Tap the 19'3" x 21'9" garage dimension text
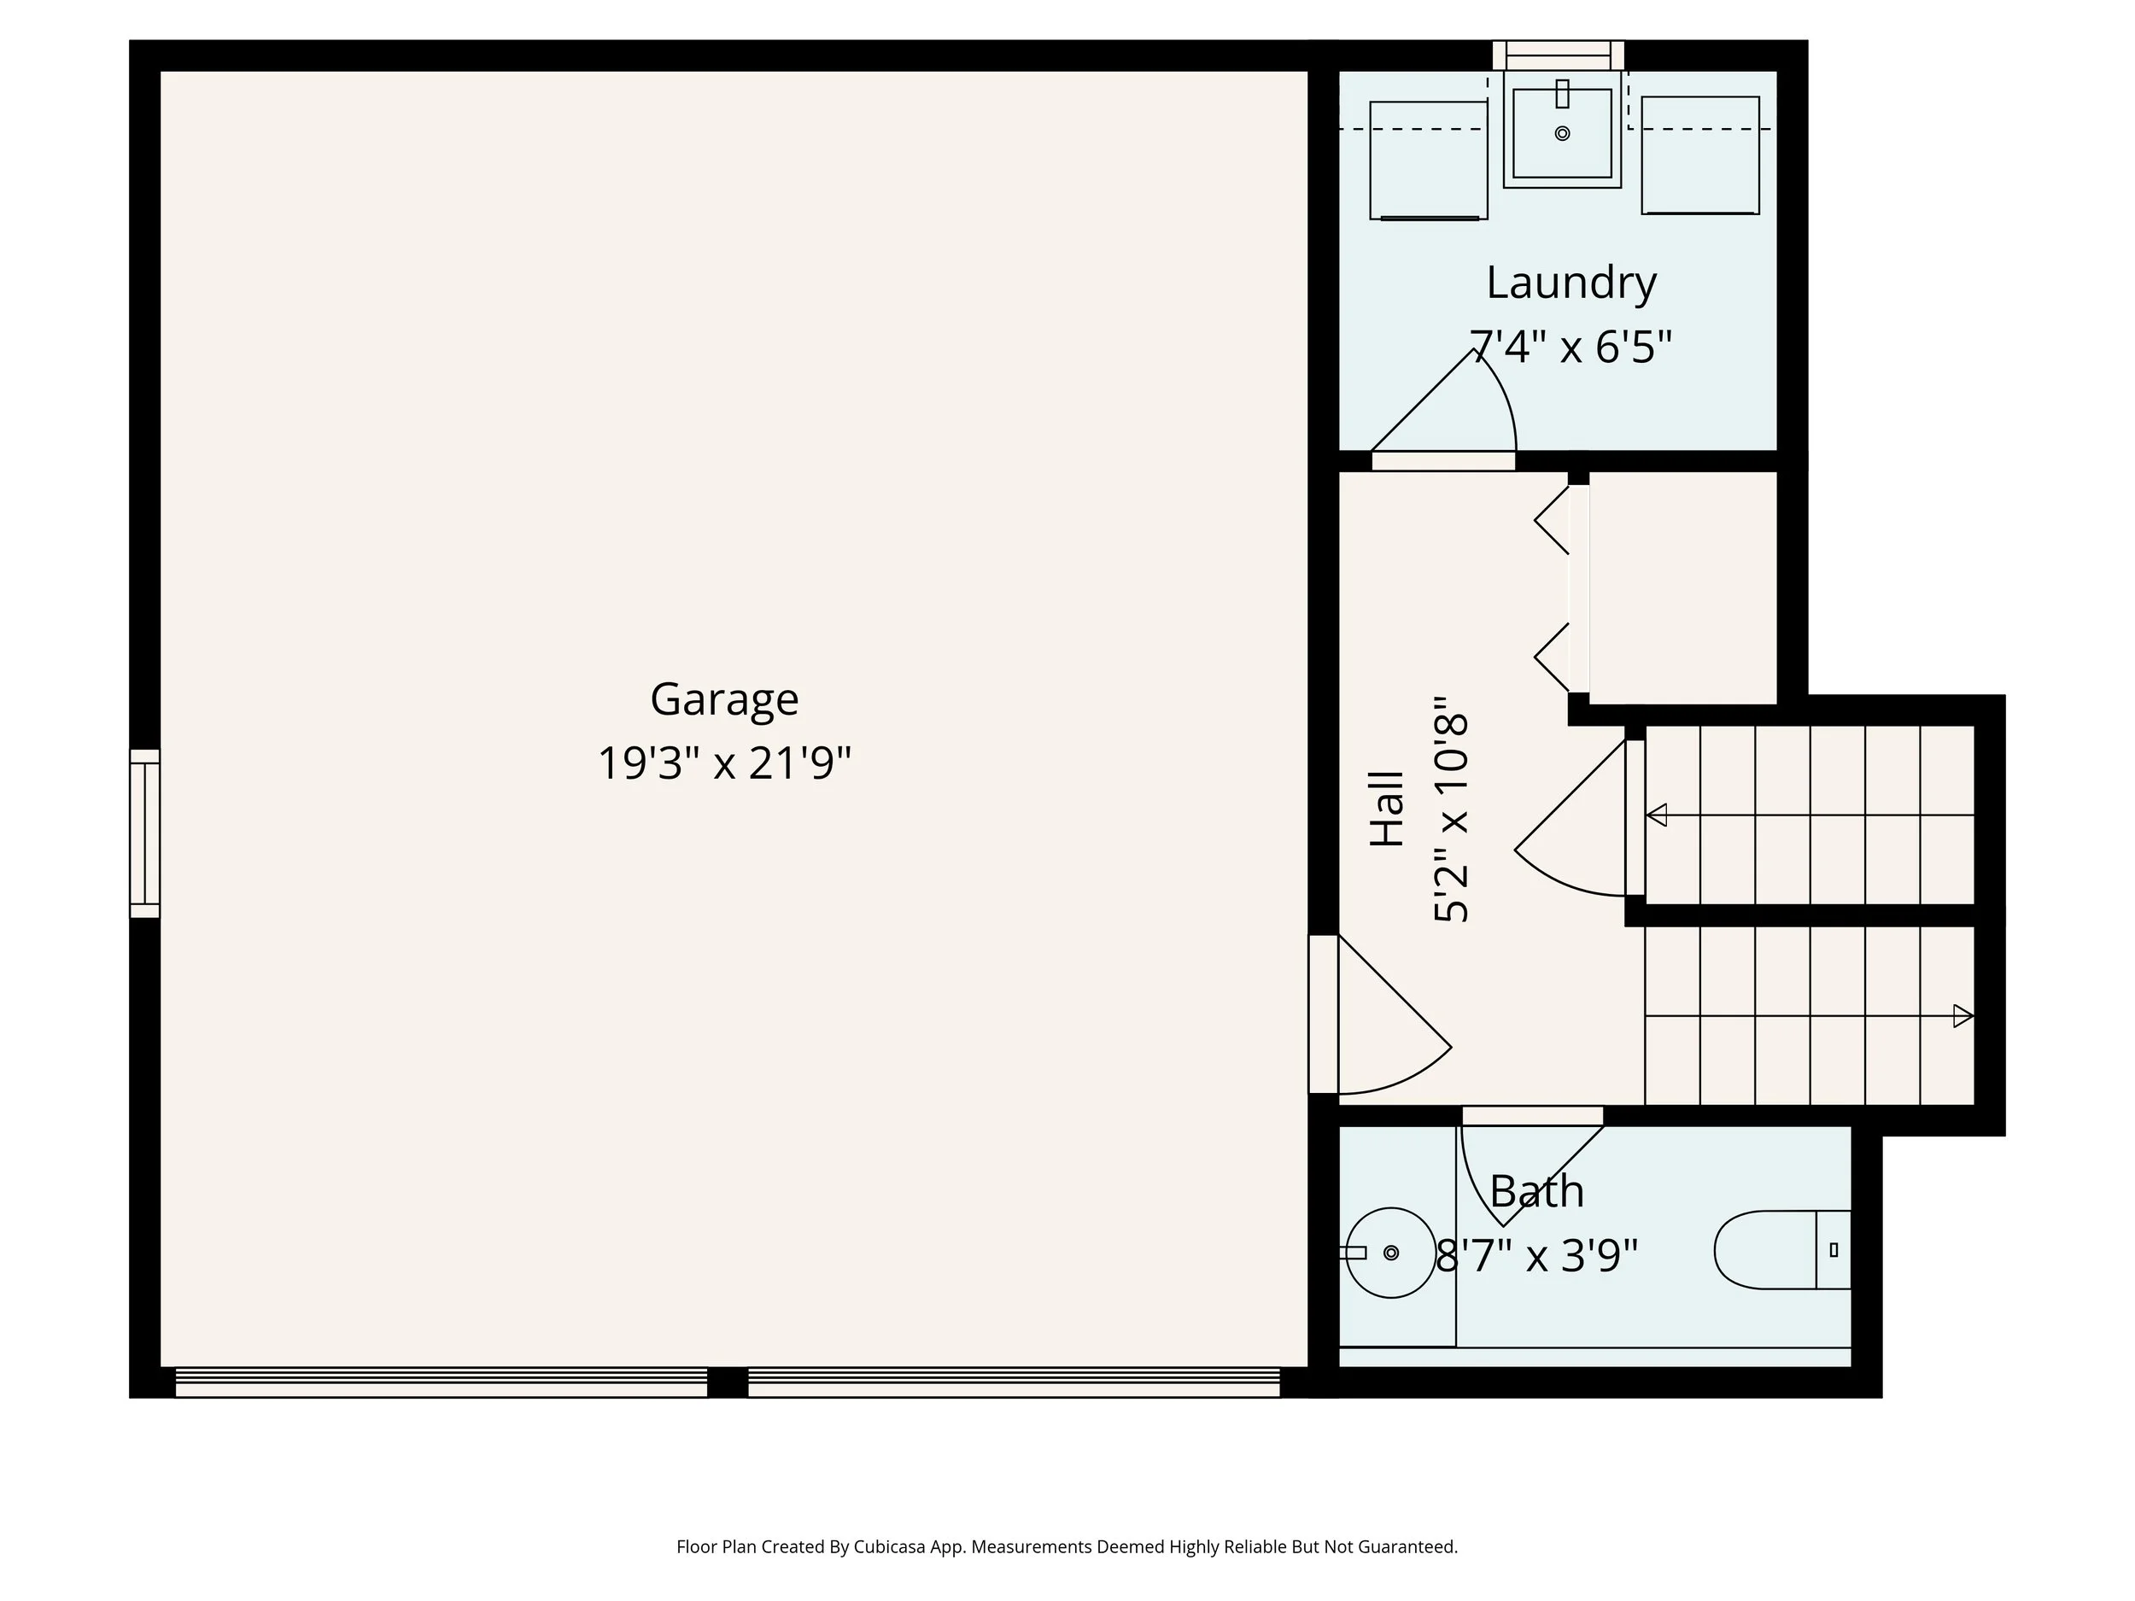click(724, 763)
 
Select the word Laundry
click(1571, 283)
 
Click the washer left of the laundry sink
click(1429, 161)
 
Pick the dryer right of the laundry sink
click(1699, 155)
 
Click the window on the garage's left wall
click(145, 833)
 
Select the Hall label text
click(1387, 809)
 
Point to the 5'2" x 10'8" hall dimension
click(1451, 809)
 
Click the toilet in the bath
click(1781, 1250)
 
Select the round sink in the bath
click(1389, 1253)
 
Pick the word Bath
click(1536, 1192)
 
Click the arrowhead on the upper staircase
click(1656, 815)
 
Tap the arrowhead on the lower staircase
click(1962, 1016)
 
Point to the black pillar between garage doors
click(727, 1382)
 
